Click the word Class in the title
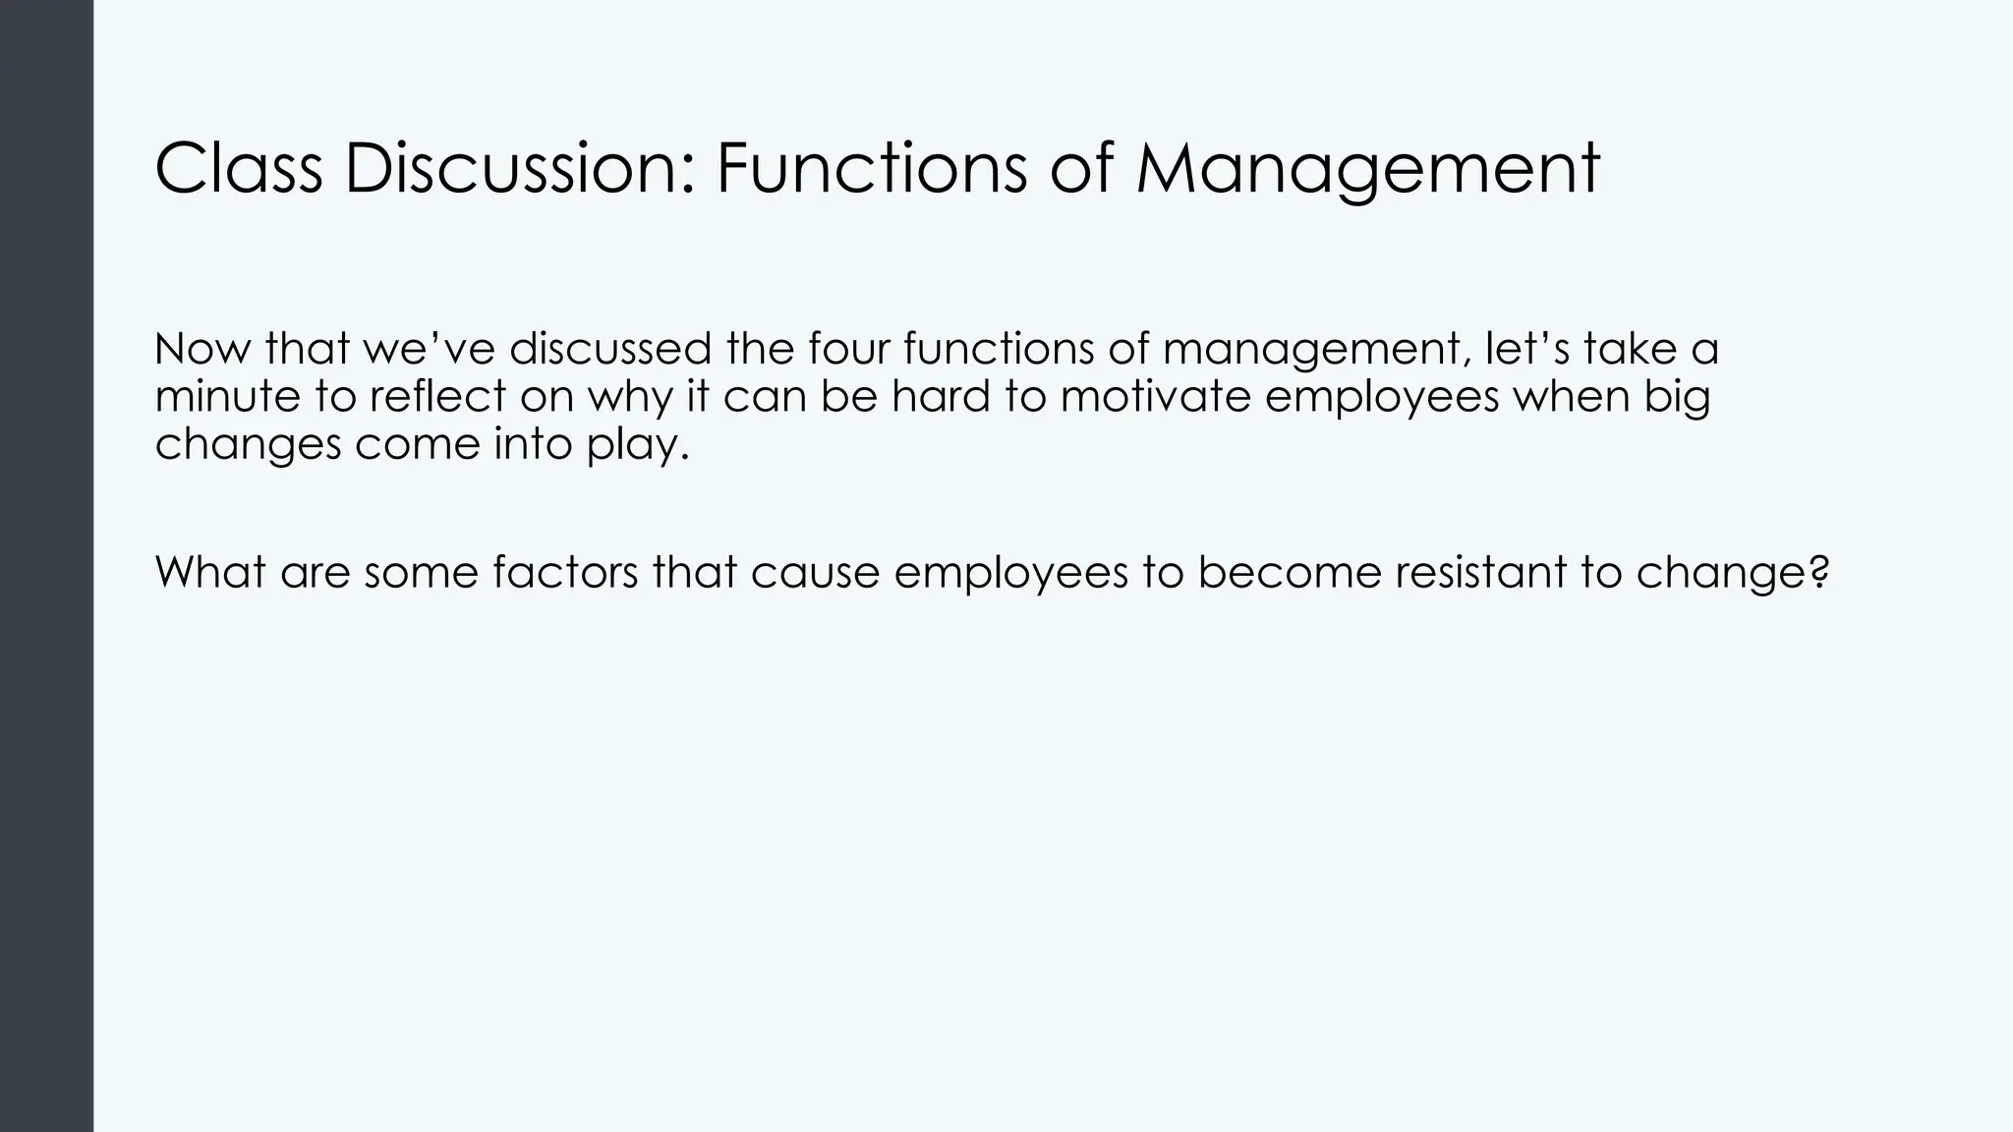(238, 168)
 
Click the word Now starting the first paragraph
(202, 350)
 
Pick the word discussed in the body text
(610, 350)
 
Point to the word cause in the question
(815, 574)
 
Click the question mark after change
(1819, 572)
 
